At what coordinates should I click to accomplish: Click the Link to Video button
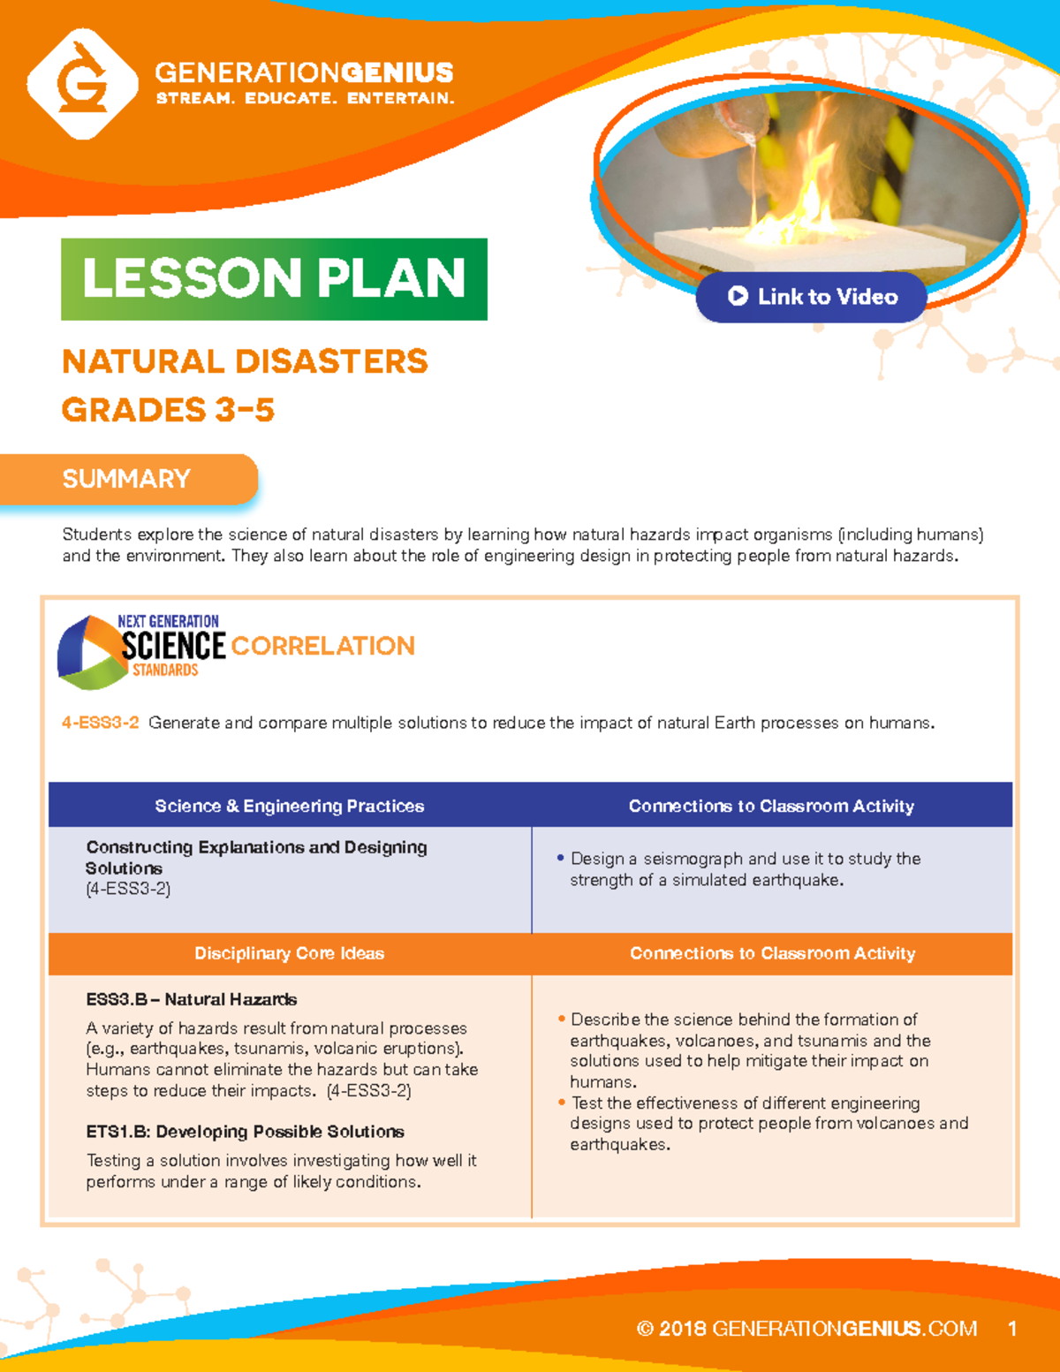[x=811, y=297]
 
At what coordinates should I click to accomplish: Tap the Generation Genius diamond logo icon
[x=82, y=84]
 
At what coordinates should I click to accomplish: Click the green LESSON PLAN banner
[x=274, y=279]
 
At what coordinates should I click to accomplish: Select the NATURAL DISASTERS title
[x=245, y=361]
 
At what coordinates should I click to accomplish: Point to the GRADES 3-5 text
[x=168, y=410]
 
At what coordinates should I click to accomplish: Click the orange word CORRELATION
[x=322, y=646]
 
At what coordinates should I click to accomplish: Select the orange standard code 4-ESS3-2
[x=100, y=723]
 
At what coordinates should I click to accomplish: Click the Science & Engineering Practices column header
[x=290, y=806]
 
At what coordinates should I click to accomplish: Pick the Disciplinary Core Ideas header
[x=290, y=953]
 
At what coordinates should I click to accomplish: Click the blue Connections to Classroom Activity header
[x=771, y=806]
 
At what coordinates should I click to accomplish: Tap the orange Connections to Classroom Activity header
[x=772, y=953]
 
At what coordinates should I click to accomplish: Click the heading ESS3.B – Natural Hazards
[x=191, y=999]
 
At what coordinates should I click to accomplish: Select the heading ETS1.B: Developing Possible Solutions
[x=245, y=1132]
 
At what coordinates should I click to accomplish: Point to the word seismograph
[x=693, y=859]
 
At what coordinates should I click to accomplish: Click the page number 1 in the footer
[x=1012, y=1329]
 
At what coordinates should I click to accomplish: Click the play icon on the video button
[x=738, y=297]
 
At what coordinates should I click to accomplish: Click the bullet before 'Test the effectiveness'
[x=561, y=1103]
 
